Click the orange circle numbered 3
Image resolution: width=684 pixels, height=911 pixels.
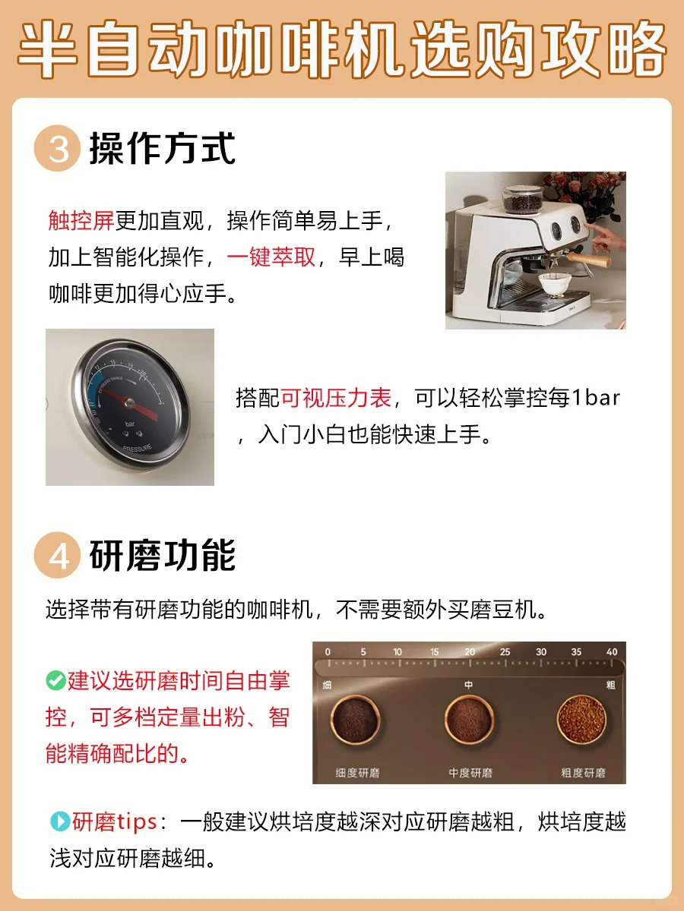point(57,148)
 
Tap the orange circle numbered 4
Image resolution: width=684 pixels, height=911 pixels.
point(57,555)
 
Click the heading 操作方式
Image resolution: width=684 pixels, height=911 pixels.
point(163,149)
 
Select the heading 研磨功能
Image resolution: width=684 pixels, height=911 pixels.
point(163,555)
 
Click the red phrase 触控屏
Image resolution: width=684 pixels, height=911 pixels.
point(81,220)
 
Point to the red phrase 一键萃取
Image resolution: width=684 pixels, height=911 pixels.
point(271,257)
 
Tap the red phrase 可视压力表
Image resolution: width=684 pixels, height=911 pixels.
point(337,398)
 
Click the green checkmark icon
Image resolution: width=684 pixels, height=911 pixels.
point(55,680)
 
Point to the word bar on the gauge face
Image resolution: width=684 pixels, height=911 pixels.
point(129,424)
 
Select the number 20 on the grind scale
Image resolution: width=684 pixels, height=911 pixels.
point(470,651)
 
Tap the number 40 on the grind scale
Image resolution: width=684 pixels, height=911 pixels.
point(612,651)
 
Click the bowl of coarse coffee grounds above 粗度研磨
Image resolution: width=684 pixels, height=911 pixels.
point(581,720)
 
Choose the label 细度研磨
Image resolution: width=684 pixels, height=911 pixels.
point(357,773)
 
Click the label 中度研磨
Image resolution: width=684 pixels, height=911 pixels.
point(470,773)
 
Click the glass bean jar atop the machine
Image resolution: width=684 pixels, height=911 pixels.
point(522,200)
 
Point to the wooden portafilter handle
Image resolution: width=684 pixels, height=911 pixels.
point(589,260)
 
